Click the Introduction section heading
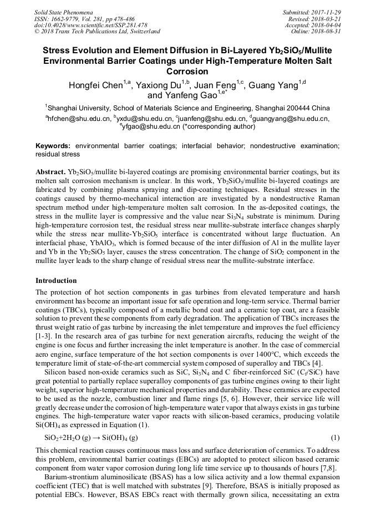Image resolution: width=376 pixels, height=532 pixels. pos(56,281)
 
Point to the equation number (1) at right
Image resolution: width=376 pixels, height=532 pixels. pos(334,437)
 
